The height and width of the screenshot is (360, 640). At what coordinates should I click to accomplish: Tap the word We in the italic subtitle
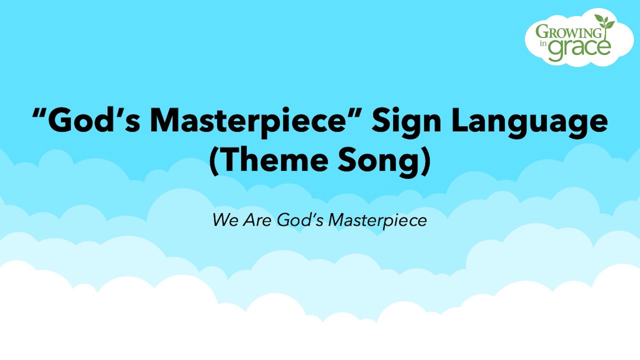point(225,220)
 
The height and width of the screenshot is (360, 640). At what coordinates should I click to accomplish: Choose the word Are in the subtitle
point(257,220)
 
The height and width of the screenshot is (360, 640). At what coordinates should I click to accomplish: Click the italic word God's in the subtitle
point(300,220)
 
